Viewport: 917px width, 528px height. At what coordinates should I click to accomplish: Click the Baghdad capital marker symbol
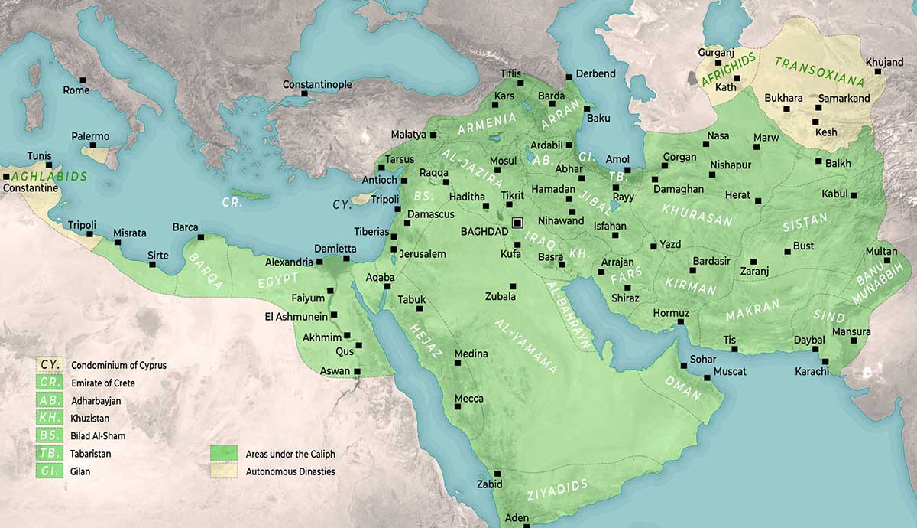pos(517,223)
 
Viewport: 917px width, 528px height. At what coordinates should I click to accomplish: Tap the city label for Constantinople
pos(317,84)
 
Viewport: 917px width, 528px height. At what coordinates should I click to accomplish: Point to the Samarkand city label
pos(844,99)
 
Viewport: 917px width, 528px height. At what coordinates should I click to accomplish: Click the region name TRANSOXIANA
pos(818,73)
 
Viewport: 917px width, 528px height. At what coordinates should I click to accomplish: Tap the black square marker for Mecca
pos(458,407)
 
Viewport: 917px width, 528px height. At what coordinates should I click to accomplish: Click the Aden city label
pos(517,518)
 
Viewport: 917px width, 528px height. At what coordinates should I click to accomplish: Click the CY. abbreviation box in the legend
pos(50,365)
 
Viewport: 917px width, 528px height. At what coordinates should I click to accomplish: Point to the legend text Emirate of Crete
pos(102,383)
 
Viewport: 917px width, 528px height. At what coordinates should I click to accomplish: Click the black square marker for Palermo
pos(92,145)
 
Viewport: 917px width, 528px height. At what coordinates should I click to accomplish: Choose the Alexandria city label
pos(289,262)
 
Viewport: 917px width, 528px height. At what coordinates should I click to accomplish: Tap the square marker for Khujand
pos(878,72)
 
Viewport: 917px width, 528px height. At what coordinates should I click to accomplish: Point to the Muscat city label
pos(730,372)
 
